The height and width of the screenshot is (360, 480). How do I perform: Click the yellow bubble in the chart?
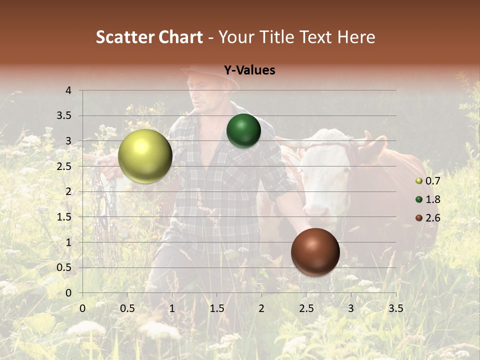point(145,156)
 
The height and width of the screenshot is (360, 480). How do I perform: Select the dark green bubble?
point(243,131)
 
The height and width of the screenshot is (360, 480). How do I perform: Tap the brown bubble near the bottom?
point(315,252)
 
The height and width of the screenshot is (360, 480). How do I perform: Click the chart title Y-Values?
point(249,70)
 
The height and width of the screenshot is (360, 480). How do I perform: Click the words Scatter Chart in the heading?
point(149,37)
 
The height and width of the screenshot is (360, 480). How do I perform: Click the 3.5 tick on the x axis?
point(395,308)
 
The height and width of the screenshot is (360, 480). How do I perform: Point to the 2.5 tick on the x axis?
point(306,308)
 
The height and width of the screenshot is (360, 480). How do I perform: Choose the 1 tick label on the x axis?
point(172,308)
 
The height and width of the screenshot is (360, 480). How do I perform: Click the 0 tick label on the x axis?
point(82,308)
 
